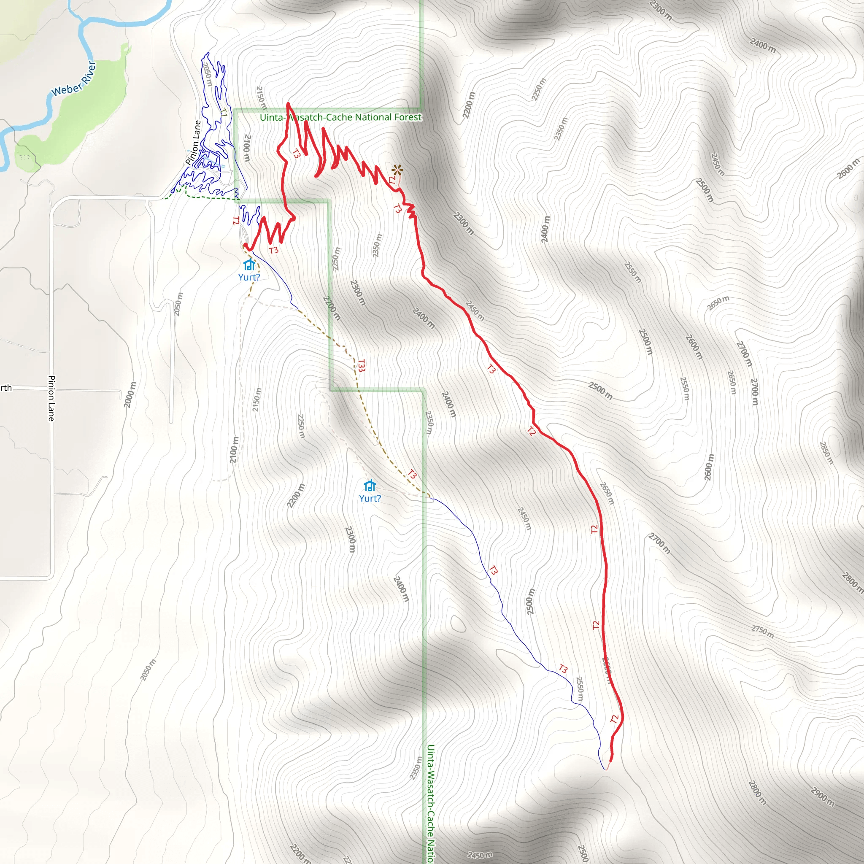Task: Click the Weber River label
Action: point(74,79)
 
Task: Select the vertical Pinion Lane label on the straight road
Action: point(51,398)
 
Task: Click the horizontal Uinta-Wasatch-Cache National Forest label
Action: point(340,117)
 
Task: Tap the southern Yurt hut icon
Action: point(370,486)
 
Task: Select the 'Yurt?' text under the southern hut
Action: point(370,498)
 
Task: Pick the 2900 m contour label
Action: point(822,796)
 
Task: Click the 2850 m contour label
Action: point(826,453)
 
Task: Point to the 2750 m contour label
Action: point(762,632)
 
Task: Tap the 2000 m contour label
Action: point(130,394)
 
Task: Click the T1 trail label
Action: point(224,112)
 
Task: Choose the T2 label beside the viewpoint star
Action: point(392,180)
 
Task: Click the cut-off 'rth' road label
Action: point(6,388)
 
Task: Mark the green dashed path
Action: point(206,196)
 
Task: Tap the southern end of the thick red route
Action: point(610,760)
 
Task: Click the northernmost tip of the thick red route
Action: point(288,104)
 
